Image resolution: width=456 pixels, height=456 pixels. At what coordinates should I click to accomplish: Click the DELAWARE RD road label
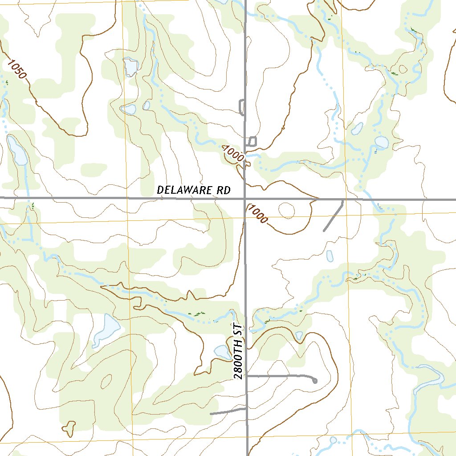pos(194,190)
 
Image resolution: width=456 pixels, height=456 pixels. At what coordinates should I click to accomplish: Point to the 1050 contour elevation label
pos(16,69)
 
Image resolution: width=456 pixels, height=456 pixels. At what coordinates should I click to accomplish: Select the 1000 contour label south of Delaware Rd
pos(257,214)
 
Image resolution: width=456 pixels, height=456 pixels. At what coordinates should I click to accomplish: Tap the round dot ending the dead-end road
pos(315,381)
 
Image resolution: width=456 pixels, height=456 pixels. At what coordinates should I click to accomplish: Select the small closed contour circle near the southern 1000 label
pos(286,211)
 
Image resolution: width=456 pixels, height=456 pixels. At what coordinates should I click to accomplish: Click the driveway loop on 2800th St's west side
pos(242,107)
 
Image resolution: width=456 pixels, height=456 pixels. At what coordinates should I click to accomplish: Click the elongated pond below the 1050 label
pos(17,151)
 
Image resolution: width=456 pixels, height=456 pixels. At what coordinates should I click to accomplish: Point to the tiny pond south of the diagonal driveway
pos(330,256)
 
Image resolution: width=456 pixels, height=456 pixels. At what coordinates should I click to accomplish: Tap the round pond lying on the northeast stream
pos(381,142)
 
